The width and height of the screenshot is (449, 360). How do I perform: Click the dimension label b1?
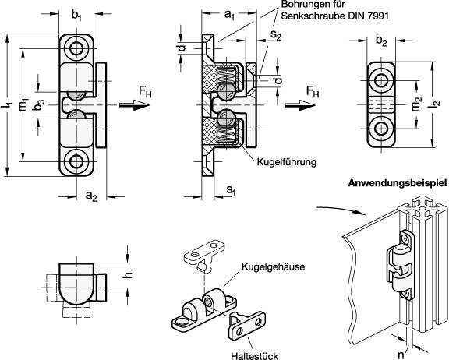pyautogui.click(x=76, y=16)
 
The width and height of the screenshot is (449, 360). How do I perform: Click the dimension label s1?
pyautogui.click(x=231, y=190)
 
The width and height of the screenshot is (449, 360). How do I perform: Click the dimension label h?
pyautogui.click(x=130, y=274)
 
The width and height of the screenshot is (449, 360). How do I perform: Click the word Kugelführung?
pyautogui.click(x=286, y=162)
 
